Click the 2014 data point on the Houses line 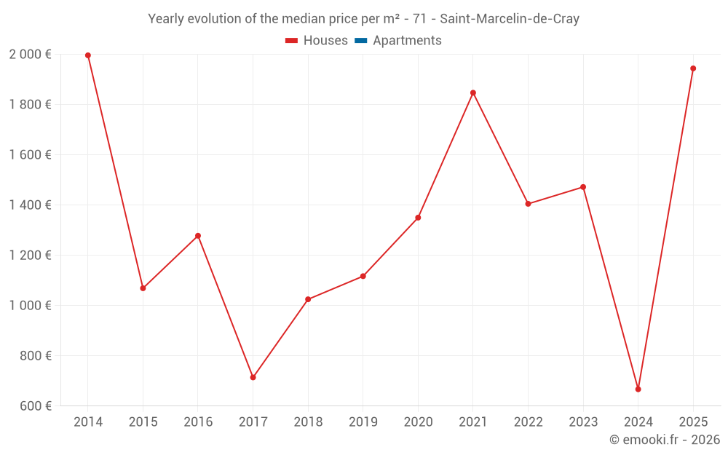coord(88,55)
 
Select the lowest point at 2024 coord(638,389)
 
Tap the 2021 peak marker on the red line coord(473,93)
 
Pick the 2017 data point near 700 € coord(253,377)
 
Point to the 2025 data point coord(693,68)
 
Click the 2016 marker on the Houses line coord(198,236)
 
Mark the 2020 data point coord(418,218)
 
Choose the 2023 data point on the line coord(583,187)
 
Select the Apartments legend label coord(407,41)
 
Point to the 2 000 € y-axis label coord(30,55)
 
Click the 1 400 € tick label coord(30,205)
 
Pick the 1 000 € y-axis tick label coord(30,306)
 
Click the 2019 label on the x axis coord(363,422)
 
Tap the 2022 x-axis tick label coord(528,422)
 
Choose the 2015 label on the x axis coord(143,422)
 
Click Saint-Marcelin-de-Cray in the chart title coord(510,19)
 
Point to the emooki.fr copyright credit coord(665,440)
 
